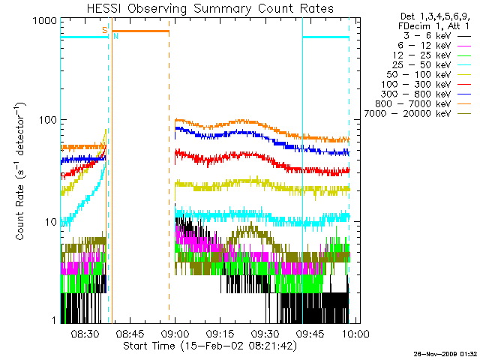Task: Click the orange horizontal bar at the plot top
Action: coord(141,31)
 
